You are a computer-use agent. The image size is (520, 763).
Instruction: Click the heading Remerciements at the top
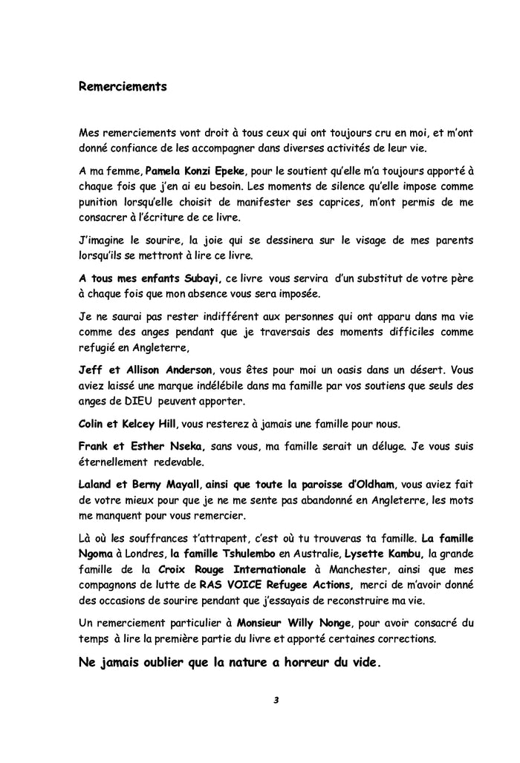123,86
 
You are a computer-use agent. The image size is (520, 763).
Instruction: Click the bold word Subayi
197,280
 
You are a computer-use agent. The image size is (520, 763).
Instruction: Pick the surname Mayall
182,485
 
